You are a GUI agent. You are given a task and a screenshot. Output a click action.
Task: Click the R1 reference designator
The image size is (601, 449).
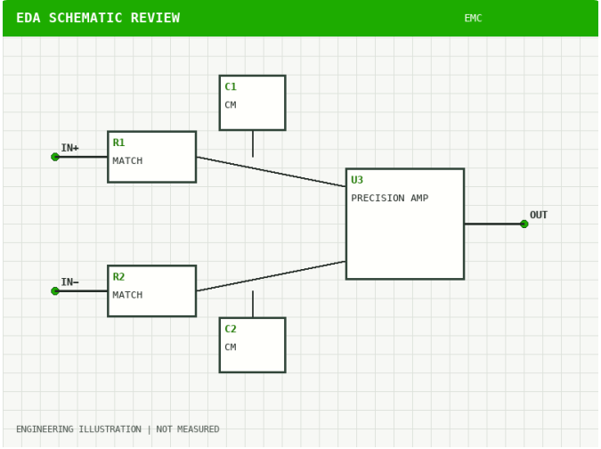[118, 143]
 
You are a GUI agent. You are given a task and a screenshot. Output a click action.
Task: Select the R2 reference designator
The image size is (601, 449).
[118, 277]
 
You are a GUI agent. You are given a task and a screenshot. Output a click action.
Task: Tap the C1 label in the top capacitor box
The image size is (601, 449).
[231, 86]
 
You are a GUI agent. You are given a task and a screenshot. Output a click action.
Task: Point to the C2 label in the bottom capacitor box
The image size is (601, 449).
[231, 329]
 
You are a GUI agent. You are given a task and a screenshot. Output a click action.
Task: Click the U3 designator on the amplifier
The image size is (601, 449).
[357, 180]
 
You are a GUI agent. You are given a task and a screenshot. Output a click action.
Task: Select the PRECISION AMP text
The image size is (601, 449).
[389, 198]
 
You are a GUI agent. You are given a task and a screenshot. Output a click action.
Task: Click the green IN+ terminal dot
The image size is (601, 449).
[55, 157]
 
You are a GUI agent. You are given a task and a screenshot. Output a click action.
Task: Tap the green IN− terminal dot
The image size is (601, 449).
[55, 291]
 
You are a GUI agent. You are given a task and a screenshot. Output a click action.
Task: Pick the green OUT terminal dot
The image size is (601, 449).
[524, 224]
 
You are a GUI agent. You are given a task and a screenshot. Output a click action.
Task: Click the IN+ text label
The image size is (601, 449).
[69, 148]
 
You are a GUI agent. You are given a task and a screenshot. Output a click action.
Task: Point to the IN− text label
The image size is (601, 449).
[69, 282]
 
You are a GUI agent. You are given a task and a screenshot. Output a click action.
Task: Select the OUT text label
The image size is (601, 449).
[539, 215]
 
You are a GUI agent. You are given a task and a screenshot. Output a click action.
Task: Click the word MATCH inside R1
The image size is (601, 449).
[127, 160]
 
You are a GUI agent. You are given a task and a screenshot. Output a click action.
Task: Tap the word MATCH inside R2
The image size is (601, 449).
[127, 295]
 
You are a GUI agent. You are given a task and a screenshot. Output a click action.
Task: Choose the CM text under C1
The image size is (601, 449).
[231, 104]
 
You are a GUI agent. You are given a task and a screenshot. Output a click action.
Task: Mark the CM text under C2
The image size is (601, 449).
[231, 347]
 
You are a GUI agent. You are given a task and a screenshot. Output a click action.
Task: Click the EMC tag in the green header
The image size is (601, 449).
[473, 18]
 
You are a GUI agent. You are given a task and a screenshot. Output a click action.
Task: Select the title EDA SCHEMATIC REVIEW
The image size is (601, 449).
[98, 18]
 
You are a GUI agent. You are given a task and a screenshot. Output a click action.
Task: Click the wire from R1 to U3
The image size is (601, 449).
[271, 172]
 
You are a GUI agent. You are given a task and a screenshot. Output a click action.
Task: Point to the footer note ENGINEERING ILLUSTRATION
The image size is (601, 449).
[78, 429]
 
